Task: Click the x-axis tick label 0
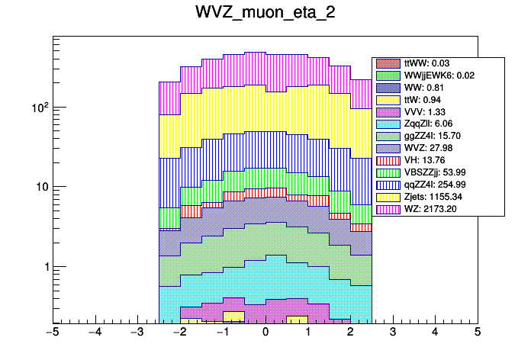[265, 333]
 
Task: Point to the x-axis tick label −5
[52, 333]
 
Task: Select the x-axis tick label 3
[392, 333]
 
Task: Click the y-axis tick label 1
[44, 267]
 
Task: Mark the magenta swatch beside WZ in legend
[388, 208]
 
